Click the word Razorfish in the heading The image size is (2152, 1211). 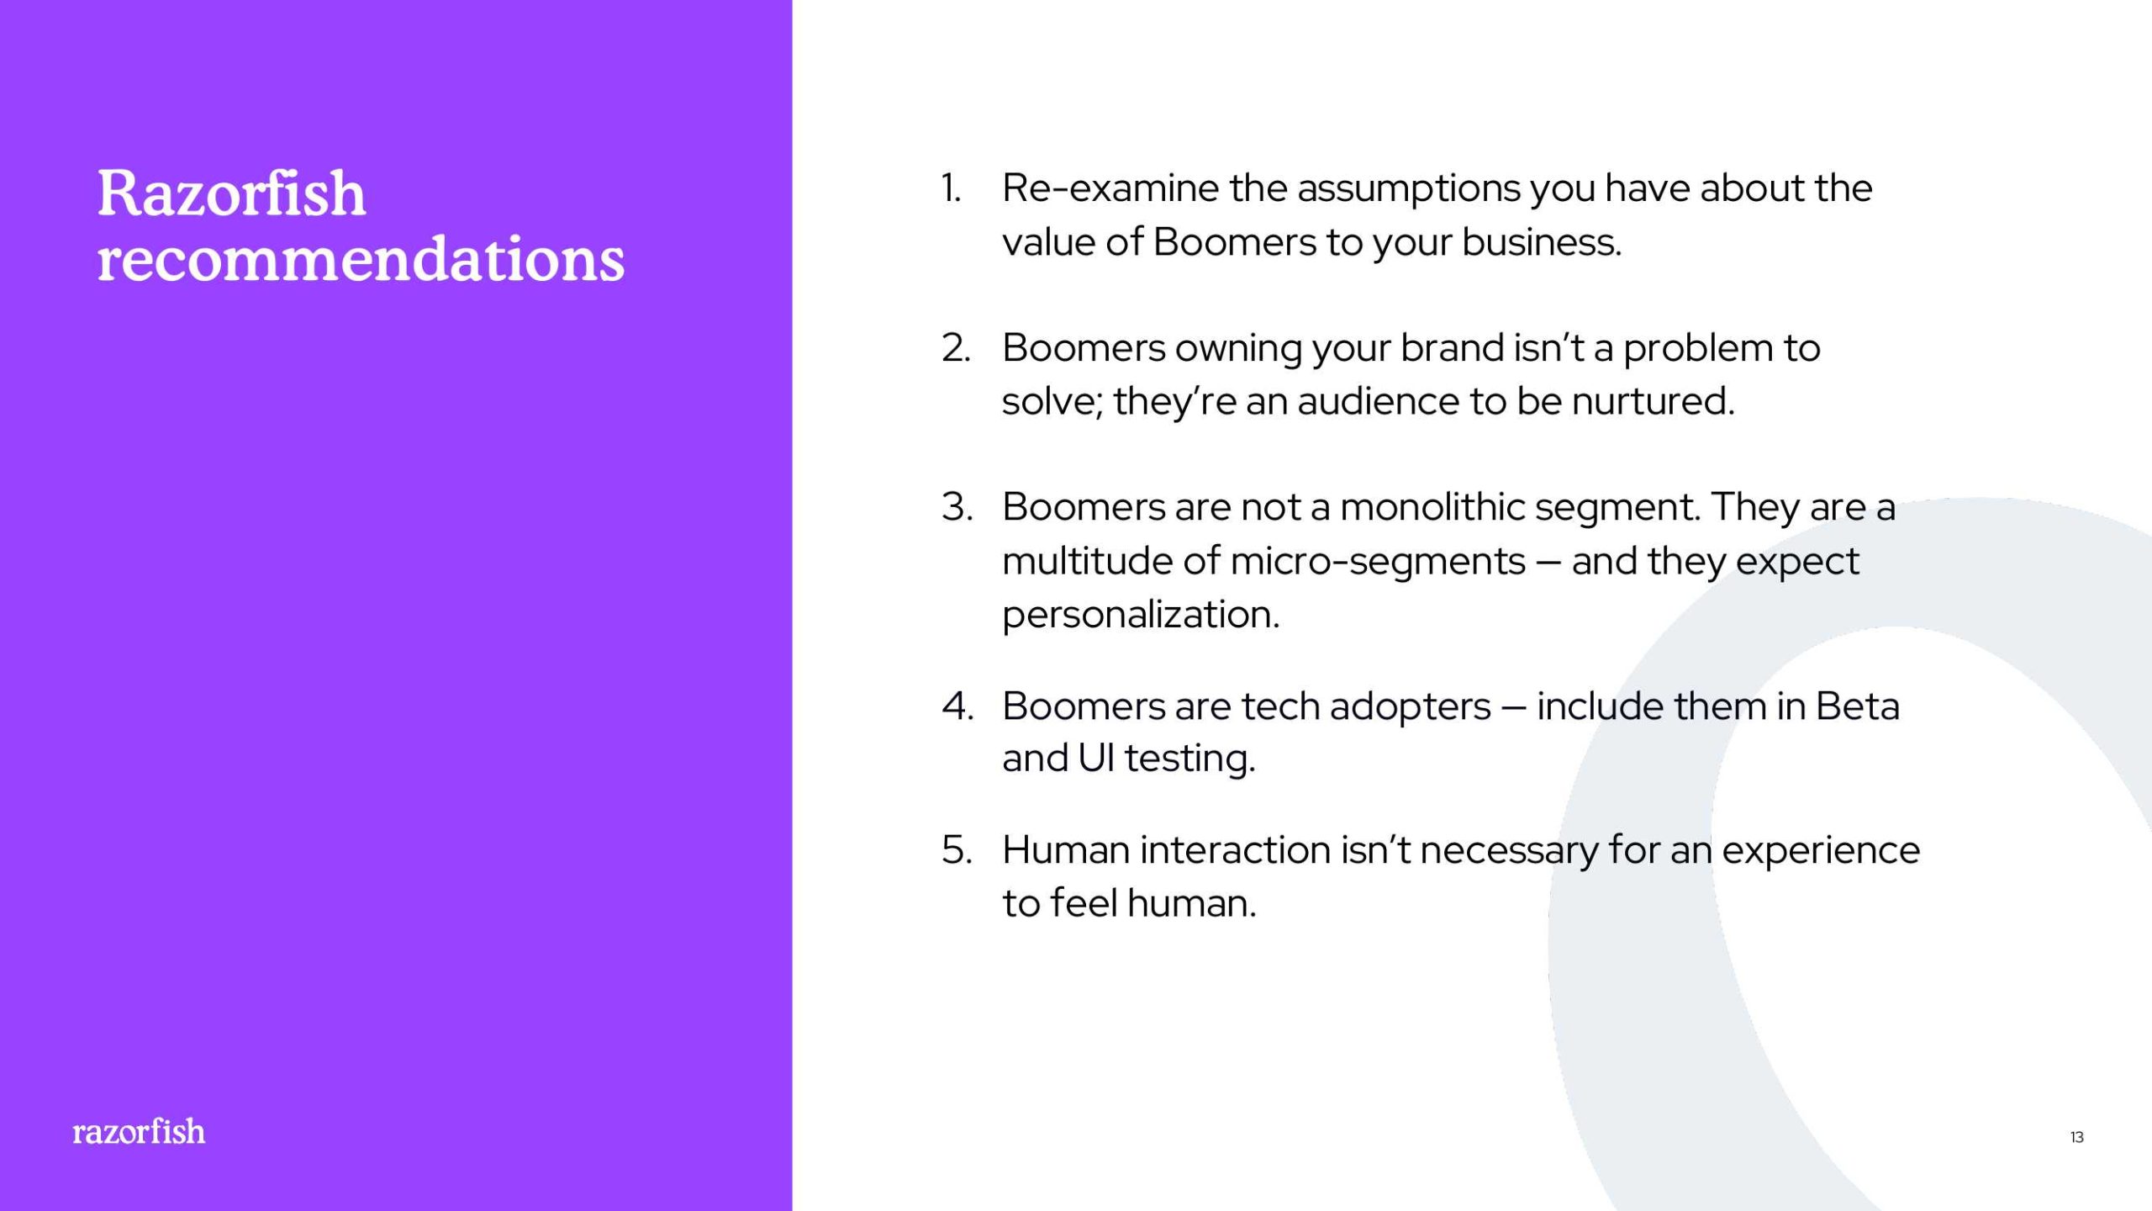point(231,193)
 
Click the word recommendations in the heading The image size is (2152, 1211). point(361,258)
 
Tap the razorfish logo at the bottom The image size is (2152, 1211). point(139,1132)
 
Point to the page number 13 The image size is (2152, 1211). point(2076,1137)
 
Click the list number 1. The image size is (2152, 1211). point(951,188)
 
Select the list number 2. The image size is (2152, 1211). point(956,348)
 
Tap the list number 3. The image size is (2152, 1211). point(957,507)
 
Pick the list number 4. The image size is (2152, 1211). point(957,706)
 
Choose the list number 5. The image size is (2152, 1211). point(957,850)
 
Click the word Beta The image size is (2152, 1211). point(1857,706)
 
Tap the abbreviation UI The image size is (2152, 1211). point(1095,759)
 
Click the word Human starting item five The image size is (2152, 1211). point(1066,850)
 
